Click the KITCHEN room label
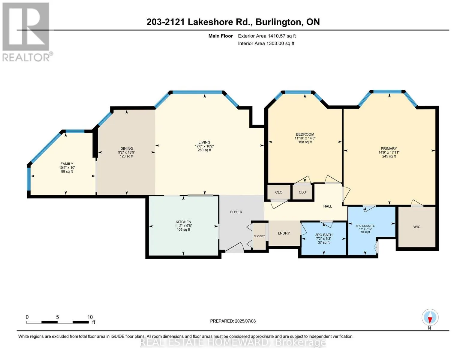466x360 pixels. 183,222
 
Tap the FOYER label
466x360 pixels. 236,212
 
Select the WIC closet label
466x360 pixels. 417,227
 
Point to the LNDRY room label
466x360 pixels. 284,233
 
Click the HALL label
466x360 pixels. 327,206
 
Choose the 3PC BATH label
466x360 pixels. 323,235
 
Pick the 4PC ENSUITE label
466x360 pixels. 365,226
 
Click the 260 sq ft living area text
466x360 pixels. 204,150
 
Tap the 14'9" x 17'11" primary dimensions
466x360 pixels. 389,152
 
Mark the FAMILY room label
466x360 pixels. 67,164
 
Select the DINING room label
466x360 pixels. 127,148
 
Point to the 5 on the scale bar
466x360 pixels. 57,317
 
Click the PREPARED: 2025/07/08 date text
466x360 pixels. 233,321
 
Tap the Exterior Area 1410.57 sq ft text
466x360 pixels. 267,36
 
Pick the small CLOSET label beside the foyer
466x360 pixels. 259,236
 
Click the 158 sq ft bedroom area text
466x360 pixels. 305,142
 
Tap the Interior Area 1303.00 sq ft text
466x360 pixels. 266,43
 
